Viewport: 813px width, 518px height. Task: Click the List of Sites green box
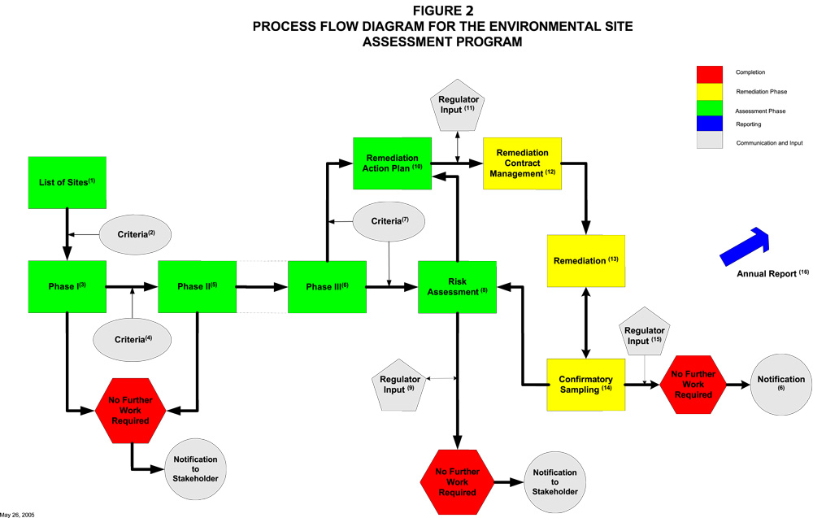click(x=67, y=181)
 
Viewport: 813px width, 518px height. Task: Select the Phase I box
click(x=67, y=286)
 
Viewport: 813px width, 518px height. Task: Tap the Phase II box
click(x=197, y=286)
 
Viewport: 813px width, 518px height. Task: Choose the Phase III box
click(x=327, y=286)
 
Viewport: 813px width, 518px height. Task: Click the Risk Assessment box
click(x=457, y=286)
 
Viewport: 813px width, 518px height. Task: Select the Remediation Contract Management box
click(x=522, y=163)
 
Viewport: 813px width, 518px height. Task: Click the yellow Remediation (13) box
click(x=586, y=260)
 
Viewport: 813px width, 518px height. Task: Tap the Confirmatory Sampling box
click(x=585, y=384)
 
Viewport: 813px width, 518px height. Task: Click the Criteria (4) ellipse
click(x=131, y=337)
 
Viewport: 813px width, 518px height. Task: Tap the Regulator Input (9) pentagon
click(x=399, y=385)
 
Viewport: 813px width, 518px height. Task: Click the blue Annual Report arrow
click(x=744, y=246)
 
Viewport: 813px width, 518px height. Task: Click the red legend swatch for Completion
click(x=710, y=73)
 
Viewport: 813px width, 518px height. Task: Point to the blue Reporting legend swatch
click(x=710, y=124)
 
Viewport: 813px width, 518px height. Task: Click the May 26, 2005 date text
click(x=17, y=514)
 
